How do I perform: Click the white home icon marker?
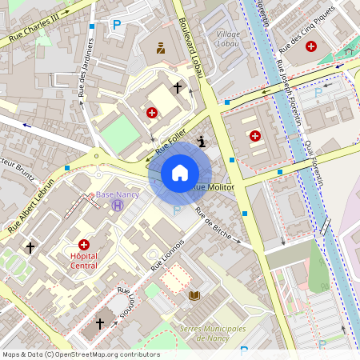pyautogui.click(x=179, y=173)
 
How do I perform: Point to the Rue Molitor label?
pyautogui.click(x=214, y=186)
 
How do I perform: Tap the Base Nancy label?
pyautogui.click(x=118, y=194)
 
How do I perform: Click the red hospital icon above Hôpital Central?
pyautogui.click(x=84, y=244)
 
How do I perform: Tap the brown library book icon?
pyautogui.click(x=194, y=296)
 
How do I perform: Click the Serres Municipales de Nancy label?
pyautogui.click(x=212, y=334)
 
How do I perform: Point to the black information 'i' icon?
pyautogui.click(x=201, y=142)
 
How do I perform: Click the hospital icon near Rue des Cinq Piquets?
pyautogui.click(x=310, y=46)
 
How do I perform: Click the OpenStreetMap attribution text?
pyautogui.click(x=80, y=354)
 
